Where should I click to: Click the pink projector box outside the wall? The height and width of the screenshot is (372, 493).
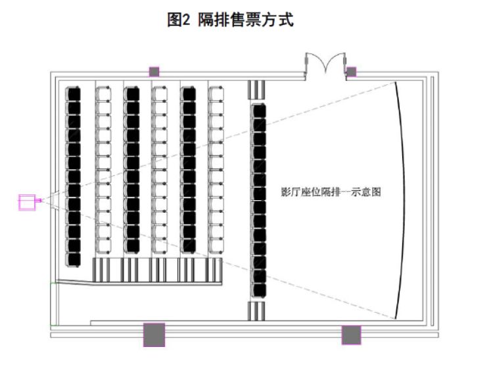[x=27, y=202]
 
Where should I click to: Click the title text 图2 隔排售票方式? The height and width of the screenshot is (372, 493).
[x=230, y=20]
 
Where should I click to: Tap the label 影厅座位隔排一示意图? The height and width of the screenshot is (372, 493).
[x=331, y=192]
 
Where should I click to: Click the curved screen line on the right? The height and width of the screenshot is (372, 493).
[x=403, y=200]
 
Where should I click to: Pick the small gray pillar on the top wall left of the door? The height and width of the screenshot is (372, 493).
[x=154, y=72]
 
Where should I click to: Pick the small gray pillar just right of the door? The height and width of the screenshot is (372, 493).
[x=351, y=72]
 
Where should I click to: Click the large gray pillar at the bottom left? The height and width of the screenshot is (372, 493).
[x=154, y=334]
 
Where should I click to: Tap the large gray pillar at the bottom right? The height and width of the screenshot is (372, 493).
[x=351, y=335]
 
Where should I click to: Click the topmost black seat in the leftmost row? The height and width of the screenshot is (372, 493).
[x=73, y=94]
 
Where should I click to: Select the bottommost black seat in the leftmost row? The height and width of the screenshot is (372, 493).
[x=73, y=260]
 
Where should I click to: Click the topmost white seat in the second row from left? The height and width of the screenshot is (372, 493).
[x=103, y=93]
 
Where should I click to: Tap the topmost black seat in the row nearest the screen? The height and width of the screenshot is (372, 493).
[x=258, y=111]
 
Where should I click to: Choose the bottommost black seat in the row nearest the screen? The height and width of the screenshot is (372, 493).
[x=258, y=290]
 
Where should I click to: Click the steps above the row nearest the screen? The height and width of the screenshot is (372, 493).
[x=256, y=90]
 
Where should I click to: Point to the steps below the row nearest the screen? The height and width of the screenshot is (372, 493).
[x=256, y=311]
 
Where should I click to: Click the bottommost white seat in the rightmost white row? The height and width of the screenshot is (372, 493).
[x=216, y=246]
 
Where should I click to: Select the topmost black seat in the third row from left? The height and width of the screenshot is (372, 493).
[x=131, y=93]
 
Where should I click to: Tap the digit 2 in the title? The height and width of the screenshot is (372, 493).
[x=186, y=20]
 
